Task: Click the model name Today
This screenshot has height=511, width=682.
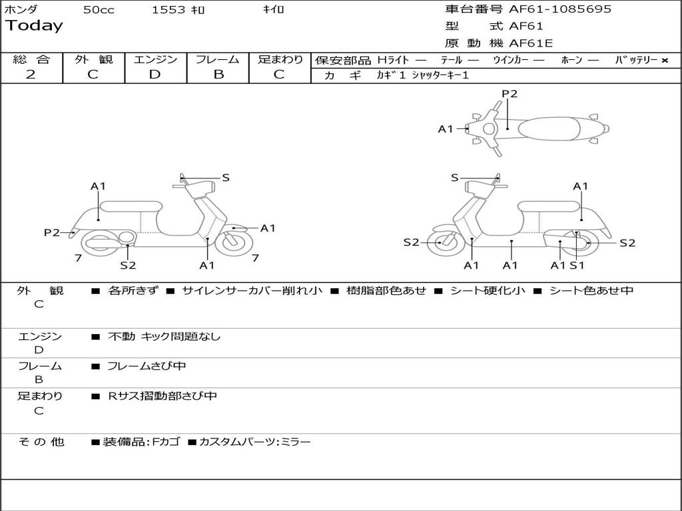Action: (x=34, y=26)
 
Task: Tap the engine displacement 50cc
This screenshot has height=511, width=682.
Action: (x=98, y=10)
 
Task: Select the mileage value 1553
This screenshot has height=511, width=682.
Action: (x=169, y=10)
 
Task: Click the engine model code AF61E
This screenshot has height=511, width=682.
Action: (x=531, y=43)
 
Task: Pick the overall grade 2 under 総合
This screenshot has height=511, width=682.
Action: (x=31, y=74)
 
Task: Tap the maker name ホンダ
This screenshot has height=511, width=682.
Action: (x=21, y=9)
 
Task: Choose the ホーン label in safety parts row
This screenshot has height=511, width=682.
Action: (x=571, y=61)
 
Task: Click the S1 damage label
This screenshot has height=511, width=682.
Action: (x=577, y=265)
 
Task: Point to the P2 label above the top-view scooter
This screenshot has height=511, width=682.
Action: (x=510, y=94)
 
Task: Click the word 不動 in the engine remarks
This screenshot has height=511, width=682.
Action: (x=121, y=337)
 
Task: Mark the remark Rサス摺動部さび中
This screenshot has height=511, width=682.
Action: (x=163, y=396)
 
